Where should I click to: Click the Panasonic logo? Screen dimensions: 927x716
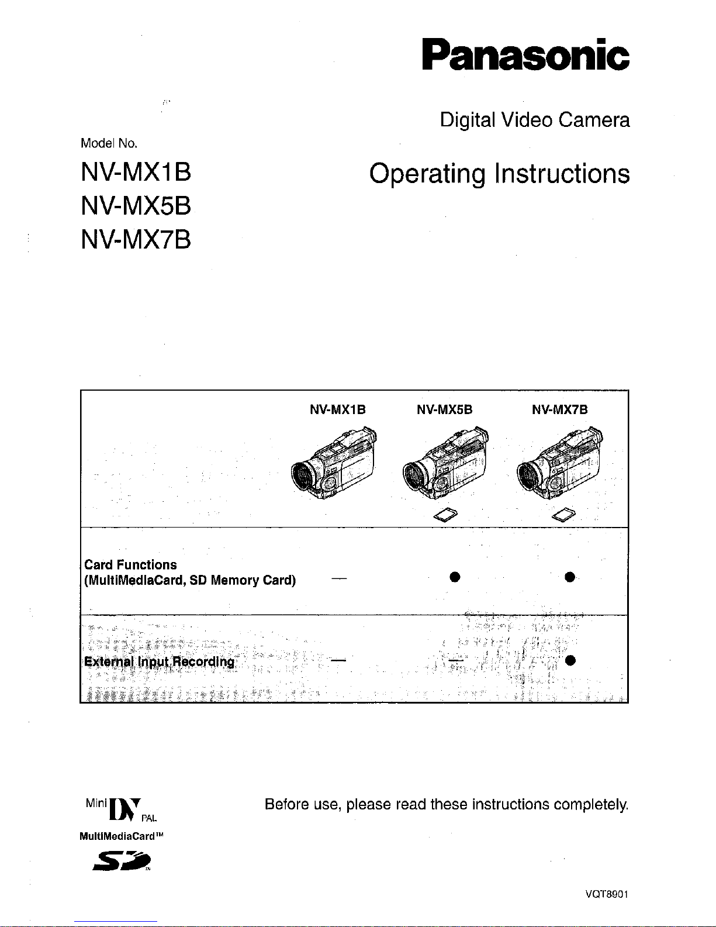[526, 54]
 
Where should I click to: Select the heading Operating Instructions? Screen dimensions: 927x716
[499, 174]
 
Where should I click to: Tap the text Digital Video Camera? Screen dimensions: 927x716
[535, 120]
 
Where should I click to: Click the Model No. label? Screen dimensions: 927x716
[109, 143]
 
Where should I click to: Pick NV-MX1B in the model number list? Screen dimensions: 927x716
[136, 173]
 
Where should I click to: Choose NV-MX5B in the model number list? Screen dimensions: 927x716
[136, 206]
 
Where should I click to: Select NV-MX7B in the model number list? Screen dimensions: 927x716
[136, 240]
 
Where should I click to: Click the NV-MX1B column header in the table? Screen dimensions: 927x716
[337, 409]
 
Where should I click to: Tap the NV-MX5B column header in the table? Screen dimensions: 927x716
[444, 409]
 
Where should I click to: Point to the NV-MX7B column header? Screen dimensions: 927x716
[559, 409]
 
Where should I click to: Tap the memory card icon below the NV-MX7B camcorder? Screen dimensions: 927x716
[563, 515]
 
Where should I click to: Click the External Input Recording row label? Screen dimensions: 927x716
[159, 661]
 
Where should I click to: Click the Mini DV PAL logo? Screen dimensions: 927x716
[120, 810]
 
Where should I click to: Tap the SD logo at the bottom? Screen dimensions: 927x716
[123, 861]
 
